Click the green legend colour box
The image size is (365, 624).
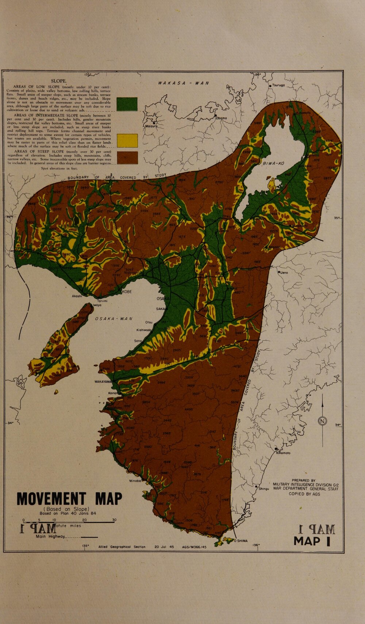(127, 104)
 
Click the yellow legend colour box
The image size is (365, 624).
(127, 140)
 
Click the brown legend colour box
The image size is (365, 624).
(127, 158)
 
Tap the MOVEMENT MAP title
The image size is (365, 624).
(69, 499)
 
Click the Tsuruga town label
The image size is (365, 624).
(278, 85)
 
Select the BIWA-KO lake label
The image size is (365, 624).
(274, 164)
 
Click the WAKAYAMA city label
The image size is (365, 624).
(103, 381)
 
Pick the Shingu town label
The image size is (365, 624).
(263, 488)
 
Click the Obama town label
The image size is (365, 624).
(222, 118)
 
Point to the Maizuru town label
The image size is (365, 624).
(151, 126)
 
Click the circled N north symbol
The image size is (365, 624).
(323, 420)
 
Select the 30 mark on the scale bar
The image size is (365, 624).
(114, 520)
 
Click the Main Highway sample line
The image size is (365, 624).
(89, 537)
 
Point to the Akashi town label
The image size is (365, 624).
(77, 296)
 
